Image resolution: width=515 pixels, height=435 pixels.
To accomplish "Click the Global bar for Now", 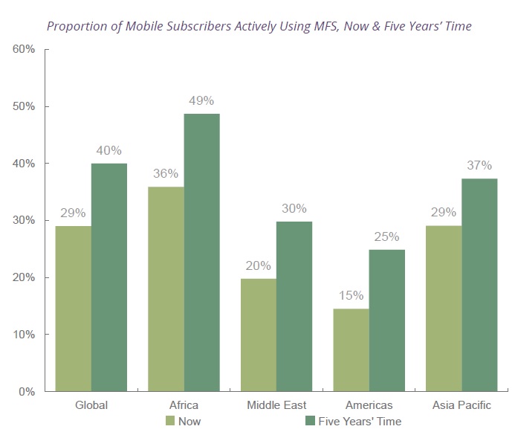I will [x=74, y=309].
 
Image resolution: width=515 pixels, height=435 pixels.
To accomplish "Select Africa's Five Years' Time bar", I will [x=202, y=253].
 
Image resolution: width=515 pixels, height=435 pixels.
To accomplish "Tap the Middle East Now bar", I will [x=258, y=335].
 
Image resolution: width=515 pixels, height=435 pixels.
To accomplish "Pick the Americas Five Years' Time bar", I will [x=387, y=320].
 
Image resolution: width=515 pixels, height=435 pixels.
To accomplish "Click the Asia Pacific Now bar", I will [x=444, y=309].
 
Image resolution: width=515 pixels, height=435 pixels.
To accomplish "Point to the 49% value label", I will [x=202, y=100].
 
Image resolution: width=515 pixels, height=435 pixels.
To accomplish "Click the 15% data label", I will [x=351, y=296].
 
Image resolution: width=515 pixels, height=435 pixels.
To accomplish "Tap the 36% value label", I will [x=166, y=173].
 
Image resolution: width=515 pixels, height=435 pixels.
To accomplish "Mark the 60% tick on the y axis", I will [x=24, y=50].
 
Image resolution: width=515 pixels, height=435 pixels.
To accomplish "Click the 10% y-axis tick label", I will [x=24, y=335].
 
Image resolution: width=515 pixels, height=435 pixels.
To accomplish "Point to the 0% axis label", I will [x=27, y=392].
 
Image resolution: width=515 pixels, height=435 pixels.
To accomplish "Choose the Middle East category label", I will [x=276, y=405].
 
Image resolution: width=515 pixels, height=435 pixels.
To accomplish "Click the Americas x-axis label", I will [x=369, y=405].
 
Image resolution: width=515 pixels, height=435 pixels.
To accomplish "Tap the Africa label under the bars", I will [x=184, y=405].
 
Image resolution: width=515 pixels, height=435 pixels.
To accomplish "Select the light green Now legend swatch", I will [x=170, y=421].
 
